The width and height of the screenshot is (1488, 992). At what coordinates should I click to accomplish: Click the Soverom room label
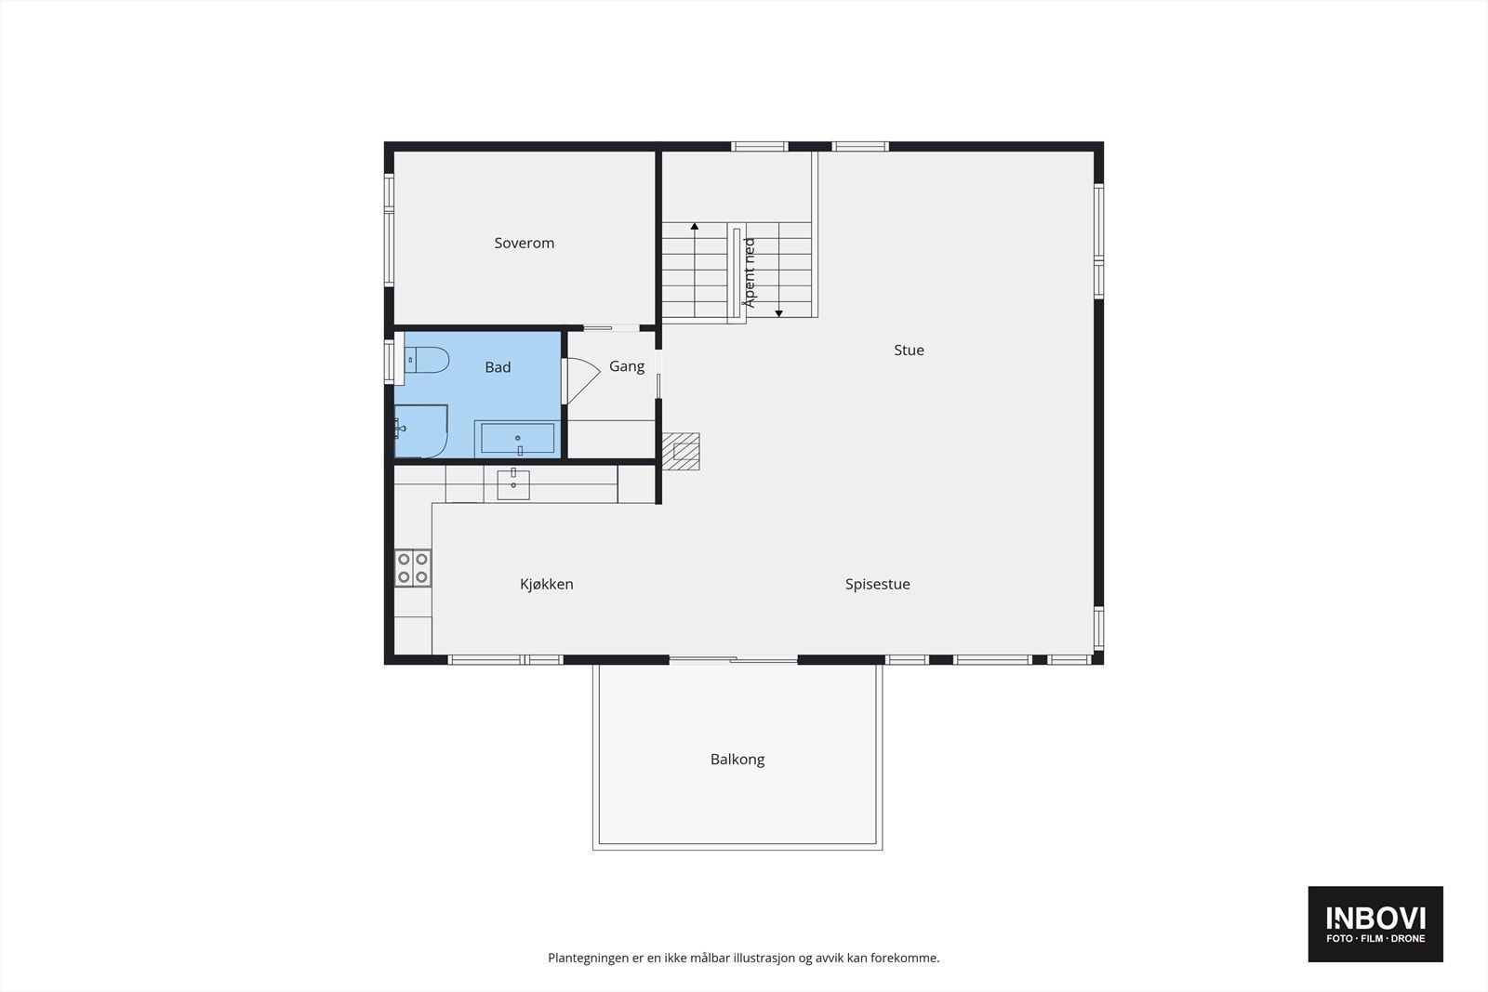(524, 243)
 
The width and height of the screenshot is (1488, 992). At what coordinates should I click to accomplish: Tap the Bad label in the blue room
(498, 367)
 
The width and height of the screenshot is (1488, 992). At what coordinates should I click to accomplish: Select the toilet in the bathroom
(428, 359)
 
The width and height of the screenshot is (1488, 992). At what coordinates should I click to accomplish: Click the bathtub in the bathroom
(517, 438)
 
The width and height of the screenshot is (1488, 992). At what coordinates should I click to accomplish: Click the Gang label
(626, 366)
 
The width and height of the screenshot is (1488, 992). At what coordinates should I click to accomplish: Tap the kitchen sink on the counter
(513, 484)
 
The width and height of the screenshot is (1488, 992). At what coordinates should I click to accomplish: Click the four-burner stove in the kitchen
(413, 568)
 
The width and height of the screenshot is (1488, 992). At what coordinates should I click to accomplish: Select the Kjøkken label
(546, 584)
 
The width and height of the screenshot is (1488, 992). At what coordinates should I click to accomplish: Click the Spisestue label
(877, 584)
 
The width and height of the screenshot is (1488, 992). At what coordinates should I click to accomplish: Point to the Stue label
(909, 350)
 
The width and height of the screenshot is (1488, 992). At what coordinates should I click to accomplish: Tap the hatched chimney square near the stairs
(685, 452)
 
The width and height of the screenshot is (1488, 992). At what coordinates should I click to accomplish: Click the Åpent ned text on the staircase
(750, 272)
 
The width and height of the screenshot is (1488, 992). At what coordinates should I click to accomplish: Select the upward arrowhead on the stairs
(694, 226)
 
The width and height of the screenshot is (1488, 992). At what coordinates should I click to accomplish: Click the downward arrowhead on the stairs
(779, 312)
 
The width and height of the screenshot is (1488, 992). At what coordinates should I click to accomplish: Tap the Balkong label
(737, 759)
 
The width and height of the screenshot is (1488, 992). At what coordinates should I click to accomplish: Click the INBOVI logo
(1375, 923)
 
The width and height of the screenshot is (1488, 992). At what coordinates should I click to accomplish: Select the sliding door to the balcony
(733, 660)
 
